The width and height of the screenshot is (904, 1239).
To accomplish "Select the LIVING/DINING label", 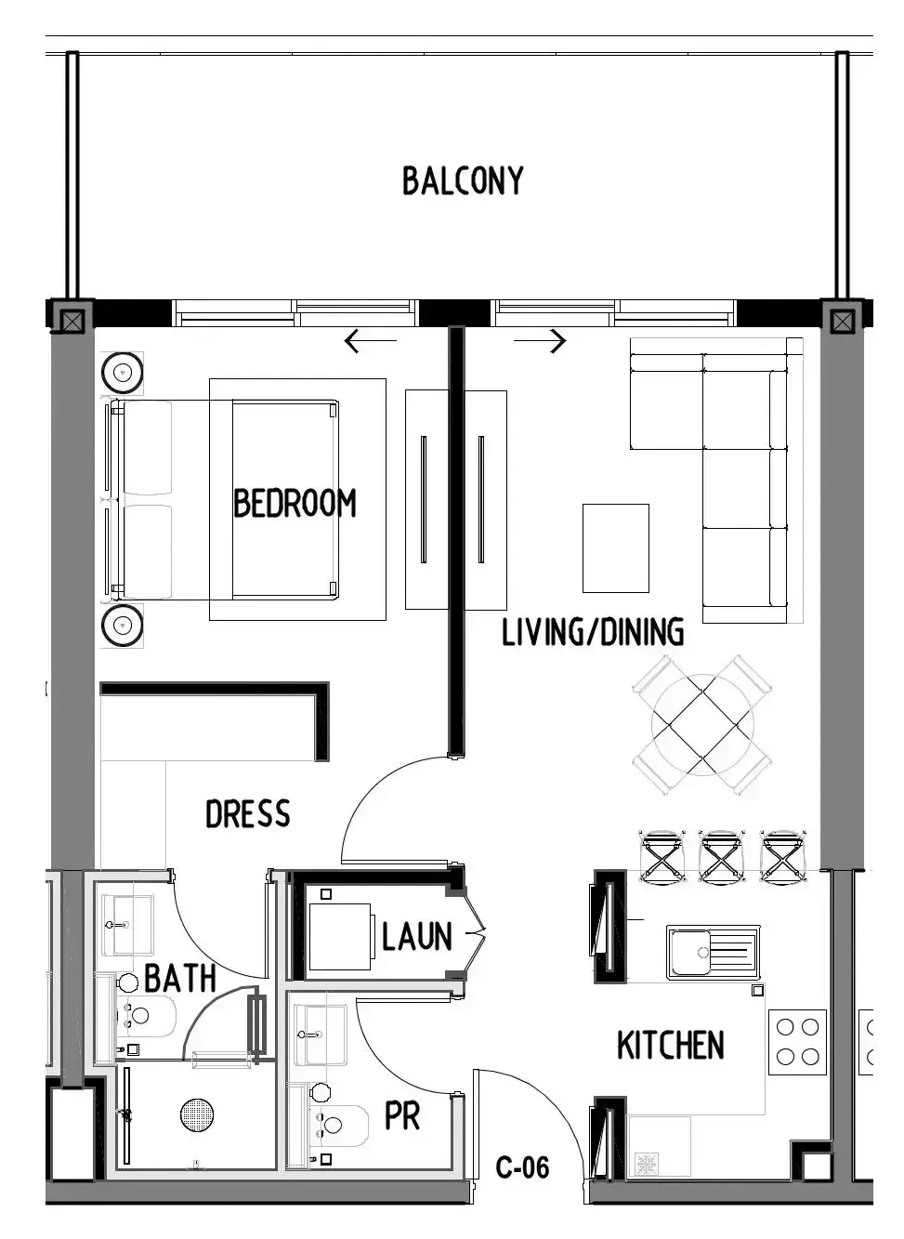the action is pyautogui.click(x=593, y=632).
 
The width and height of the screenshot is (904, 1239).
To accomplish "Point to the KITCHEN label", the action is pyautogui.click(x=670, y=1045).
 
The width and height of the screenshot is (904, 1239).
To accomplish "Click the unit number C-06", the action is pyautogui.click(x=522, y=1167).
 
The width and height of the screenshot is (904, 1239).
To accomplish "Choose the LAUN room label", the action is pyautogui.click(x=417, y=936).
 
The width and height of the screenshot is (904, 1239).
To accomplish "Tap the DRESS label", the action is pyautogui.click(x=248, y=813).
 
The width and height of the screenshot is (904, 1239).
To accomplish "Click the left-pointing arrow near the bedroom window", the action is pyautogui.click(x=371, y=341).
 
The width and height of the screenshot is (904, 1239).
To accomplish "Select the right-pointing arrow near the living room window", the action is pyautogui.click(x=540, y=341).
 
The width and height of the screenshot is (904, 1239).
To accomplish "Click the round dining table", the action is pyautogui.click(x=702, y=725).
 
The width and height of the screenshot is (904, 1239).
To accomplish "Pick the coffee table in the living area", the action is pyautogui.click(x=615, y=547).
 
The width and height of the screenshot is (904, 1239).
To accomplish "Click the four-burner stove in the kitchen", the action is pyautogui.click(x=797, y=1042).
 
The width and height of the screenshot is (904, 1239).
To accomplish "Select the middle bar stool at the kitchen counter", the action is pyautogui.click(x=720, y=856).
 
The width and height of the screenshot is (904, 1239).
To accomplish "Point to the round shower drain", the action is pyautogui.click(x=197, y=1114).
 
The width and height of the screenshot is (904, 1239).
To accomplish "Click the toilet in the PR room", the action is pyautogui.click(x=338, y=1125).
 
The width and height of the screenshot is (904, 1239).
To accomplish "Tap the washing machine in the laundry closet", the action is pyautogui.click(x=339, y=936).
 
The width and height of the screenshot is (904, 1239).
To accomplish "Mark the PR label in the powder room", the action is pyautogui.click(x=402, y=1116).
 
